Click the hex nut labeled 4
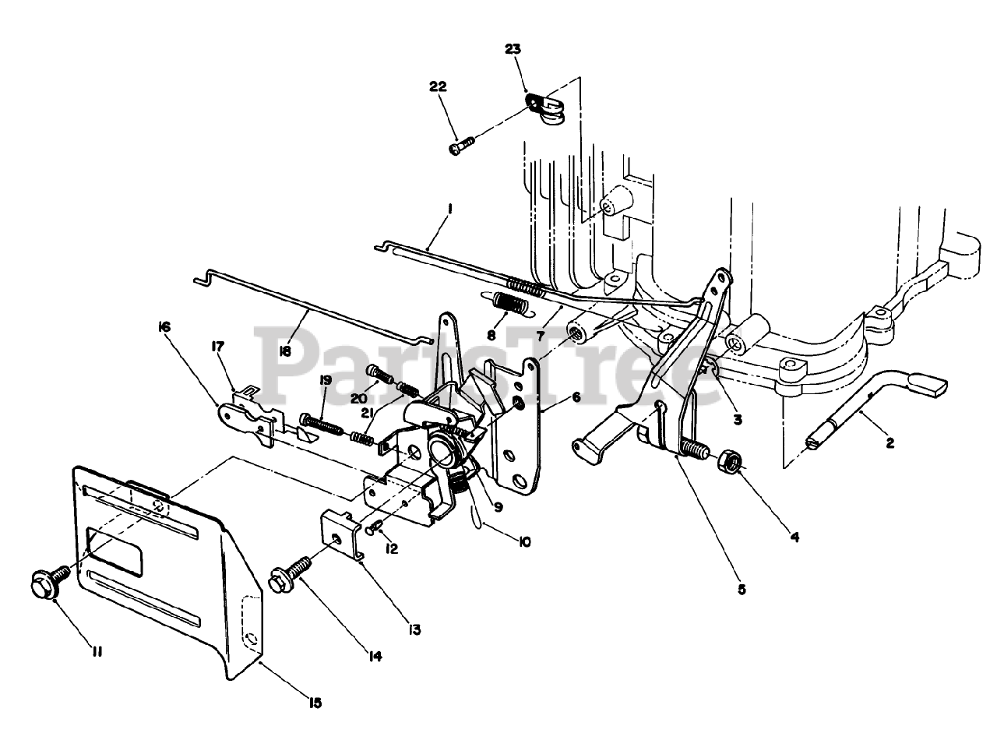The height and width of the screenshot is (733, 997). pyautogui.click(x=730, y=459)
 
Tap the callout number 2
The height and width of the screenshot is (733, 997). pyautogui.click(x=890, y=443)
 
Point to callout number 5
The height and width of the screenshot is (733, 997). pyautogui.click(x=741, y=590)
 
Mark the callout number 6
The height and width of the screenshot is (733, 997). pyautogui.click(x=575, y=396)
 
